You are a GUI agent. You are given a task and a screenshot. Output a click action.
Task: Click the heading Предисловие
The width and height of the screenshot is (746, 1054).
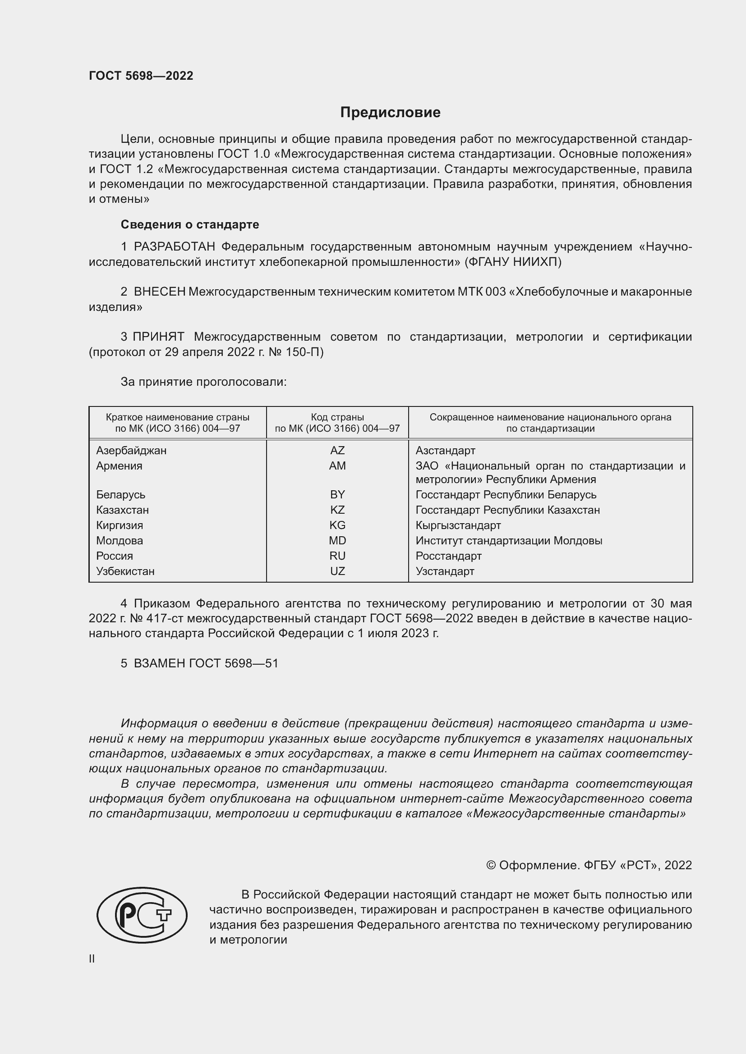pos(390,113)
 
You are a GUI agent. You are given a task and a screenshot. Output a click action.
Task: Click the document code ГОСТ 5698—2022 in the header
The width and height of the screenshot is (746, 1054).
pos(141,76)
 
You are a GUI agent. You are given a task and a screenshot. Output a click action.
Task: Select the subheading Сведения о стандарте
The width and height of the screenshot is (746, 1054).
pos(190,224)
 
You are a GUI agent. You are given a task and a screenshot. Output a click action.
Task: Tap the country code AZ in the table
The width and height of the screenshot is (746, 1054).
pos(337,450)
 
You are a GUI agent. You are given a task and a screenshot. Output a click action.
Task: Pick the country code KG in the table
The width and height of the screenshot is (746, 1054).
pos(337,525)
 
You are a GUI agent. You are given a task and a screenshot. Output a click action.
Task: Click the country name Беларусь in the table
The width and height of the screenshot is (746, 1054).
pos(121,494)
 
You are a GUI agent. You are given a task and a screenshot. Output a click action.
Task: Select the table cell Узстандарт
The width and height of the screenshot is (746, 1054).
pos(445,571)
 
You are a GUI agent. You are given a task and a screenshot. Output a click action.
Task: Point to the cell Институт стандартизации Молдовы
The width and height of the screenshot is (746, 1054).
pos(508,540)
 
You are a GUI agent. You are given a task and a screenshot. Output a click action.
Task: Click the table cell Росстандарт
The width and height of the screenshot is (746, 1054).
pos(448,556)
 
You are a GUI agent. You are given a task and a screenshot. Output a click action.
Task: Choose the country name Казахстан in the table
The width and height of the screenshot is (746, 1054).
pos(123,510)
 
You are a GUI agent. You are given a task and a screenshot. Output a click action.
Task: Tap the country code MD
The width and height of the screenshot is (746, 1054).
pos(337,540)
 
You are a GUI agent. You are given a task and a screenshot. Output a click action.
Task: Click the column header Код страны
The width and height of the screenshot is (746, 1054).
pos(337,417)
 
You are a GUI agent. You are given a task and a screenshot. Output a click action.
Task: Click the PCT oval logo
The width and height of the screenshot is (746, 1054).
pos(142,915)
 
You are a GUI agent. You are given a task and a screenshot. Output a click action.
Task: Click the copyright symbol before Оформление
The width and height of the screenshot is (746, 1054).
pos(491,865)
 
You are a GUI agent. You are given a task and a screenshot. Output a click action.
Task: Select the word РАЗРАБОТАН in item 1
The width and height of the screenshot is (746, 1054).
pos(175,247)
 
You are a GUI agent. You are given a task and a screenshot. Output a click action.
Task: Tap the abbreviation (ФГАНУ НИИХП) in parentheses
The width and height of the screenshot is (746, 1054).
pos(513,262)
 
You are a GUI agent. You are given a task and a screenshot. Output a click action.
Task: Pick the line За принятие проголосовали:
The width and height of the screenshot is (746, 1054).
pos(203,382)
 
